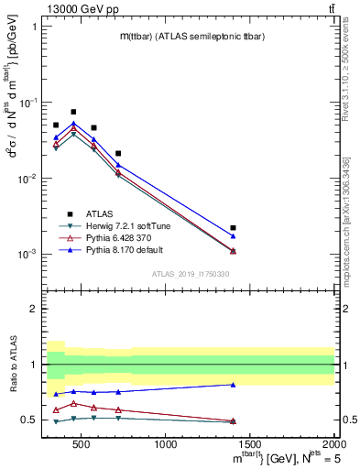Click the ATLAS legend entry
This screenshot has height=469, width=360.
[100, 213]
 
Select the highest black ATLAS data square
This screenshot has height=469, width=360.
[73, 112]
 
